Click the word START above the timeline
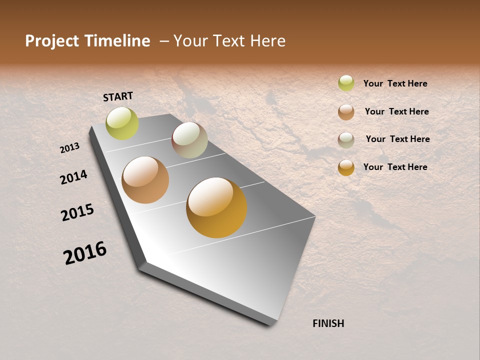[118, 96]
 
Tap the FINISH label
[328, 323]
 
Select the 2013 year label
[70, 148]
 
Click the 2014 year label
[74, 177]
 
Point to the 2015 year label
[77, 212]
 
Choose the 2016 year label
[85, 252]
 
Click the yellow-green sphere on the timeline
[122, 123]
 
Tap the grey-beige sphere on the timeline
[189, 140]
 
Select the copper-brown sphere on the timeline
[145, 180]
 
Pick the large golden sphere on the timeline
[216, 207]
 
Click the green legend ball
[346, 83]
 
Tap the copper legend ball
[346, 111]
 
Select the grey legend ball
[346, 139]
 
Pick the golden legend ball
[346, 167]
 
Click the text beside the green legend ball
[395, 83]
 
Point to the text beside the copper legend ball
[396, 111]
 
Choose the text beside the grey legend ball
[397, 139]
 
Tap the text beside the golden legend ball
[395, 167]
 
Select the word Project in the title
[52, 41]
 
